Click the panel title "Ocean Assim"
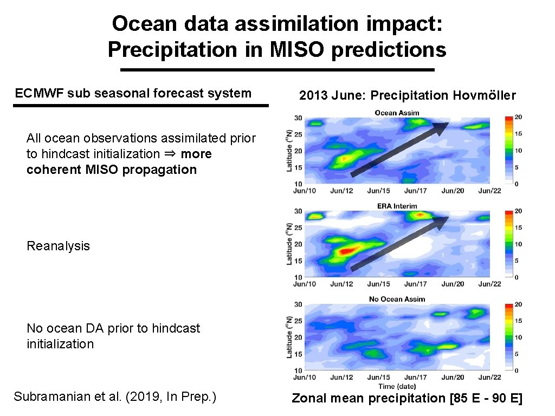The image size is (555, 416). (x=397, y=113)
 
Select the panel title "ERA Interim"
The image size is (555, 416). (x=397, y=206)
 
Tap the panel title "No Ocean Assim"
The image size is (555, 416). (x=397, y=299)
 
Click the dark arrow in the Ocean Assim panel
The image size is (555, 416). (x=400, y=149)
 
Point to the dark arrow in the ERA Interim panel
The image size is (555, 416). (x=400, y=243)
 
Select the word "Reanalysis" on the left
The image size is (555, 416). (x=58, y=246)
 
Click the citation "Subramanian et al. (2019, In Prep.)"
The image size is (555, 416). (x=115, y=396)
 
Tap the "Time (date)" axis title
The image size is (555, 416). (x=397, y=386)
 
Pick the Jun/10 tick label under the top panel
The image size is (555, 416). (x=305, y=191)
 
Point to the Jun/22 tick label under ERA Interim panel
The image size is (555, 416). (x=489, y=284)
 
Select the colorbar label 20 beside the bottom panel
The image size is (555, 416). (x=518, y=304)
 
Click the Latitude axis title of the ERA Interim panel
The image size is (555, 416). (x=289, y=244)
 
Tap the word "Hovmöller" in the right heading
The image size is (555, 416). (x=485, y=96)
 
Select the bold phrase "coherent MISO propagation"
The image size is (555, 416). (x=111, y=170)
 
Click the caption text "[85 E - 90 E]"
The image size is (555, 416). (x=486, y=399)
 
